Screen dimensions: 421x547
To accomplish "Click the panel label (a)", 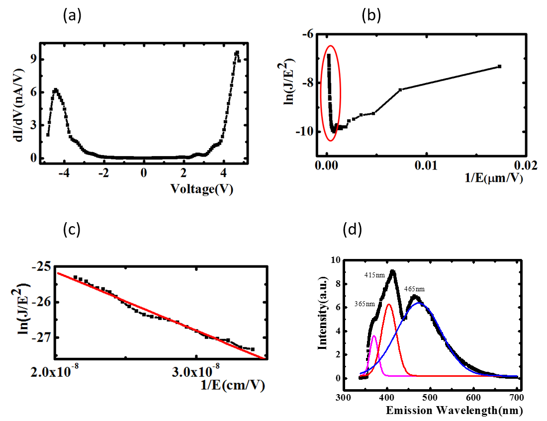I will click(x=72, y=16).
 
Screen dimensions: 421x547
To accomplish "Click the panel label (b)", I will click(x=371, y=16).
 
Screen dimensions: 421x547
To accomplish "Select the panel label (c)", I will click(x=72, y=230).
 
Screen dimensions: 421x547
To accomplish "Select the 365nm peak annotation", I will click(x=364, y=304).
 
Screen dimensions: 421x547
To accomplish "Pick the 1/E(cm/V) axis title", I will click(x=234, y=385).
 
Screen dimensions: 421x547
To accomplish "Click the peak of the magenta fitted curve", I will click(x=374, y=336).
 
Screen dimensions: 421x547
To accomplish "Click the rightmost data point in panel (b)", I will click(x=499, y=66).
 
